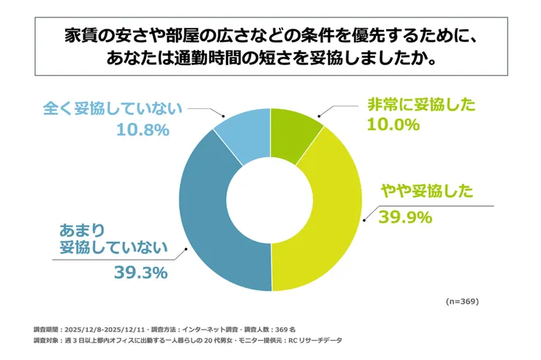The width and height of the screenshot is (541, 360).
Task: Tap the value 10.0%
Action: pyautogui.click(x=393, y=125)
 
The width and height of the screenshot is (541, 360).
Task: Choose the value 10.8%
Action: pyautogui.click(x=143, y=130)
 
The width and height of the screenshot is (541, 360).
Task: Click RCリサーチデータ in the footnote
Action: pyautogui.click(x=316, y=341)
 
